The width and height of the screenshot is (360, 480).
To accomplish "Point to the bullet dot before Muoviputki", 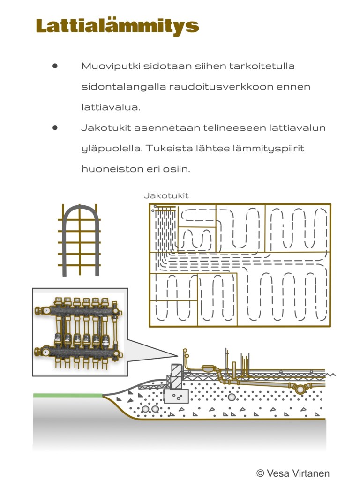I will (x=55, y=66).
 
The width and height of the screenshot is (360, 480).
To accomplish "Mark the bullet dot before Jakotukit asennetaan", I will (x=55, y=127).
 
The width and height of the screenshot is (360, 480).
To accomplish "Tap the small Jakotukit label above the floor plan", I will (x=166, y=195).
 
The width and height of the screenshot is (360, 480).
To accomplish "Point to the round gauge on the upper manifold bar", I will (x=47, y=310).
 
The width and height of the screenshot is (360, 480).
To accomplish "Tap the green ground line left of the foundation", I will (x=67, y=395).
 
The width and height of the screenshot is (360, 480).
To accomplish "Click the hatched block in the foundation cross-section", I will (x=176, y=376).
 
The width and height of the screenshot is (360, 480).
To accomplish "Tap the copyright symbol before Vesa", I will (x=260, y=473).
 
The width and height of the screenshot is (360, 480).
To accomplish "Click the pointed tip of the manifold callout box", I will (x=177, y=354).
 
